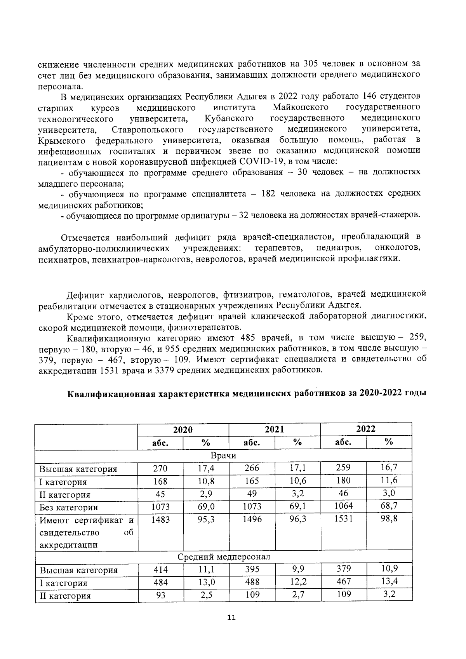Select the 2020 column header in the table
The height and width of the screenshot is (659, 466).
(x=183, y=429)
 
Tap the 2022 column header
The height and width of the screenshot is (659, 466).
(x=366, y=429)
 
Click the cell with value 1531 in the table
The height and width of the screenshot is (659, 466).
(x=343, y=519)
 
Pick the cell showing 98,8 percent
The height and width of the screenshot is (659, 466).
(x=389, y=518)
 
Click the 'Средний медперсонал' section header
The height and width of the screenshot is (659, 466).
(x=224, y=557)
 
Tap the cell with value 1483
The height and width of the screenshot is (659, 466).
(x=160, y=519)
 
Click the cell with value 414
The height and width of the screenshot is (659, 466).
(x=160, y=570)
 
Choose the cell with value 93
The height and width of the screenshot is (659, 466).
(x=160, y=595)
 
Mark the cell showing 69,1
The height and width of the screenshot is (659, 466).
(x=297, y=506)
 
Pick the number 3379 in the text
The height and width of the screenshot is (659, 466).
(x=164, y=370)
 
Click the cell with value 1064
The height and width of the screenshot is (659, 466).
(x=343, y=506)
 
